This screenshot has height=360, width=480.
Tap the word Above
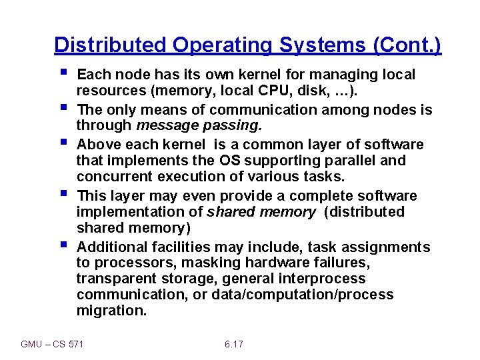(98, 145)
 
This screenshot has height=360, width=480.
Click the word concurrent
(114, 177)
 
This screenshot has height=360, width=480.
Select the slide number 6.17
(234, 344)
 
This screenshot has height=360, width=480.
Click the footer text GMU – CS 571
(57, 344)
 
